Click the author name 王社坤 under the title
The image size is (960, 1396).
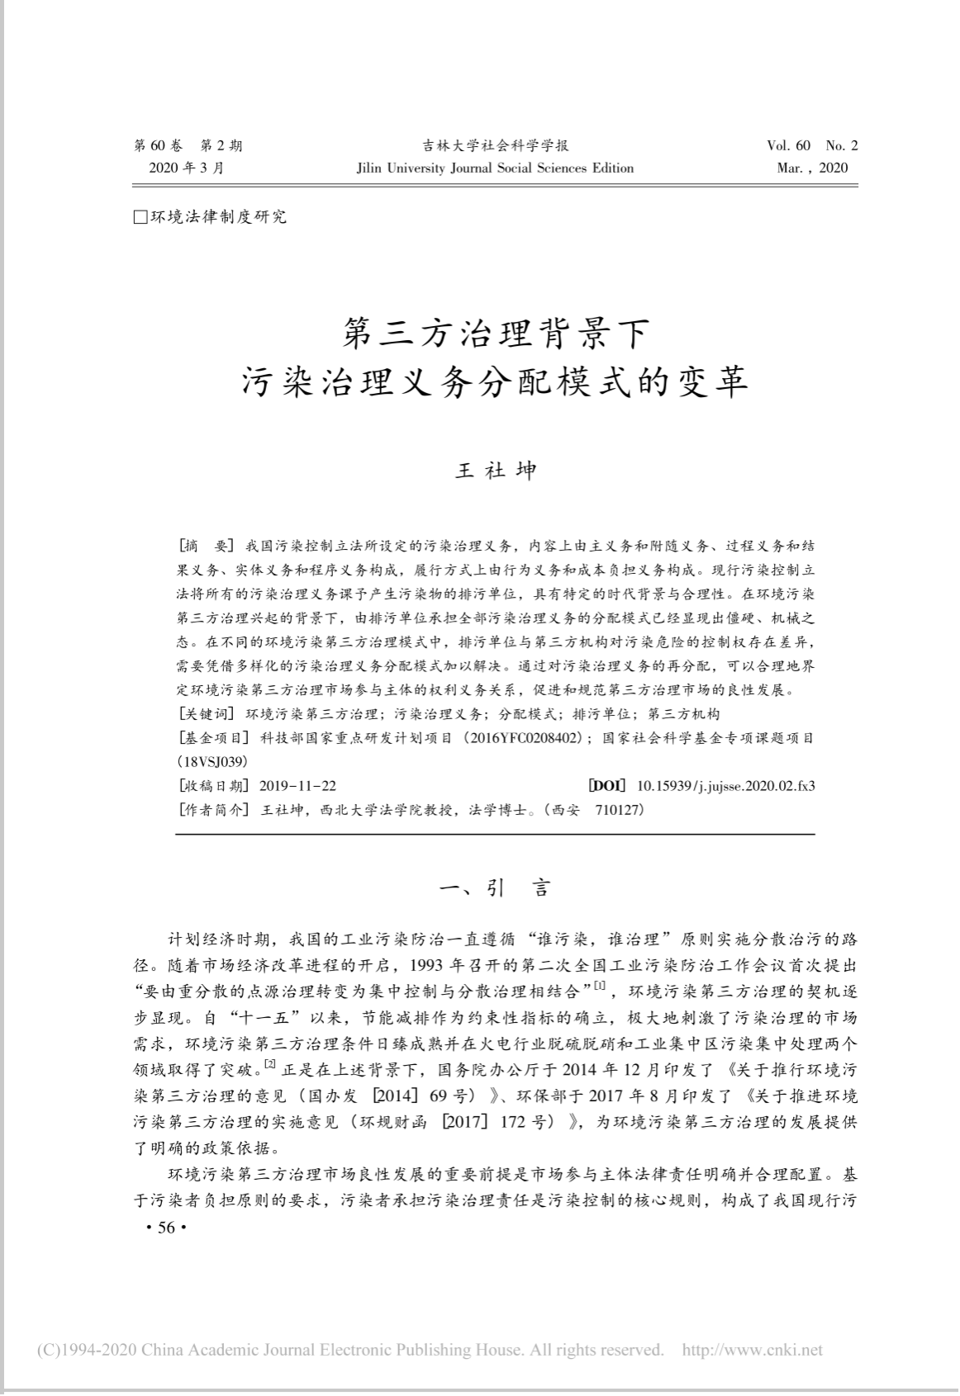point(496,471)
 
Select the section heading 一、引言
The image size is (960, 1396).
point(495,888)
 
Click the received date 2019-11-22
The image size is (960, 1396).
point(297,786)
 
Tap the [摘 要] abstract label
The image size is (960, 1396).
point(207,547)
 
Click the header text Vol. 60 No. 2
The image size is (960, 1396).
point(812,146)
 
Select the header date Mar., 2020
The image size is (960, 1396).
point(812,168)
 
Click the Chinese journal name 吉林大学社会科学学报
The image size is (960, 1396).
point(496,146)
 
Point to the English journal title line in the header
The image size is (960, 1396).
point(495,168)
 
